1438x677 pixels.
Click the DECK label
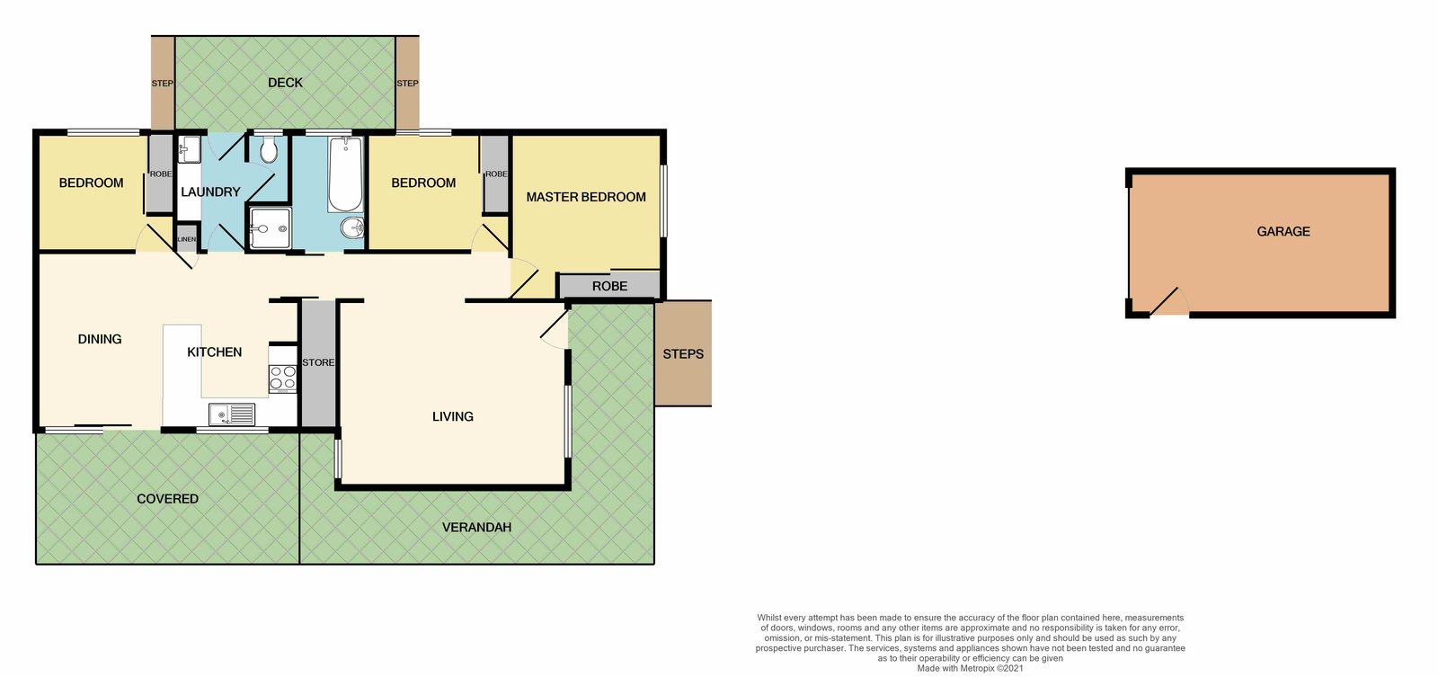(x=285, y=83)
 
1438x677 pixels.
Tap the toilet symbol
(x=269, y=148)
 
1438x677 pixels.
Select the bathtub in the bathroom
(x=345, y=174)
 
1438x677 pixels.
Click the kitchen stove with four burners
(x=282, y=378)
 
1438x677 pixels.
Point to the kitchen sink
(x=232, y=415)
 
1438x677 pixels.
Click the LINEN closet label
(x=186, y=239)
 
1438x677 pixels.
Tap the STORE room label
(x=318, y=362)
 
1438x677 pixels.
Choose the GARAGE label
(x=1283, y=231)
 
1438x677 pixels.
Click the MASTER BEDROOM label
(x=586, y=197)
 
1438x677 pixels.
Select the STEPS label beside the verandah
(x=683, y=354)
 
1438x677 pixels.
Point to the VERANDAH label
(x=477, y=528)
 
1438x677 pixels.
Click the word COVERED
(x=167, y=499)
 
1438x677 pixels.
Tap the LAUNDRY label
(x=210, y=192)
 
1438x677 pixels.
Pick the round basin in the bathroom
(x=351, y=227)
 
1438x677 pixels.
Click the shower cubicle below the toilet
(x=270, y=228)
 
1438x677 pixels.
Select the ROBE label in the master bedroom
(x=610, y=287)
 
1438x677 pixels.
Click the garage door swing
(x=1169, y=302)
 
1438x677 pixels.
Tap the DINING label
(x=100, y=339)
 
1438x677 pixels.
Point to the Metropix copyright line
(x=970, y=668)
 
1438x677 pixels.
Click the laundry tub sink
(x=189, y=149)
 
